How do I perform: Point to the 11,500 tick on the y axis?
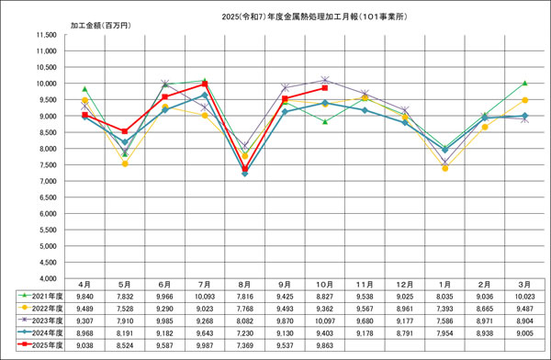point(43,36)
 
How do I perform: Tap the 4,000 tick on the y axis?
point(45,278)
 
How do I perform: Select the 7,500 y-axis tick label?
point(45,164)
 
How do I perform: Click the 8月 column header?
point(244,287)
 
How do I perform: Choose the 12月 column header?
point(405,287)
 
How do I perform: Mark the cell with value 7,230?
point(244,334)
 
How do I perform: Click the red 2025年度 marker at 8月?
point(244,169)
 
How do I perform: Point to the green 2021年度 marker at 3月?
point(524,83)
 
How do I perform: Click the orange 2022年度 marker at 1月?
point(444,168)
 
